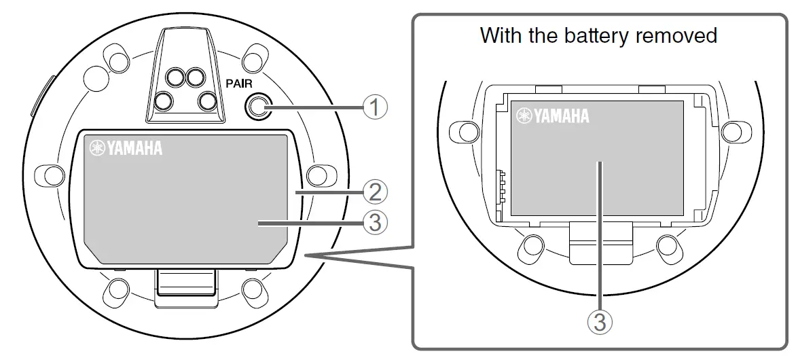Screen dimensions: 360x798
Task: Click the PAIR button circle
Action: (x=257, y=106)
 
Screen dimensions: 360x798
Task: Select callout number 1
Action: (x=376, y=106)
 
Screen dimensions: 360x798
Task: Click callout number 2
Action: (x=376, y=193)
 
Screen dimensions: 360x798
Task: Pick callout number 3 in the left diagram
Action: (x=376, y=222)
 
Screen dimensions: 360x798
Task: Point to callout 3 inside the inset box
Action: (x=599, y=321)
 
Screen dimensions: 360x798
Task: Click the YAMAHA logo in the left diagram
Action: (x=126, y=147)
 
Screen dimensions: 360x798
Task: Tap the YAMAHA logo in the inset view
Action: (x=552, y=116)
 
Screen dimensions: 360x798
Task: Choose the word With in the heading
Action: (x=501, y=35)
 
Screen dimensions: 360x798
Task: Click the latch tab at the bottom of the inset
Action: (x=600, y=245)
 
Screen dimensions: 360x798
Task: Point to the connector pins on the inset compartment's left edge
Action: (x=502, y=184)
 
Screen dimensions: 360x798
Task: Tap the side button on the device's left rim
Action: (x=38, y=94)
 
